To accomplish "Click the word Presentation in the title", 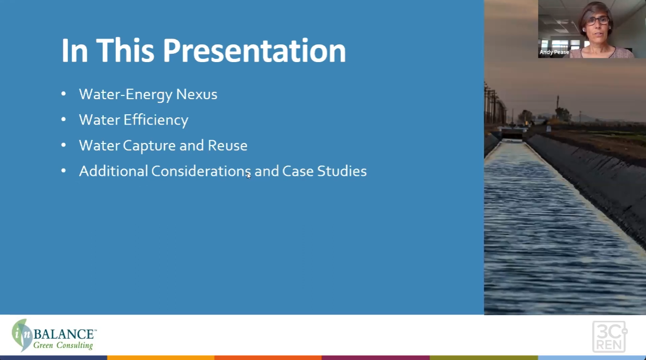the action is tap(254, 51).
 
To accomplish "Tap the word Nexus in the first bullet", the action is tap(197, 94).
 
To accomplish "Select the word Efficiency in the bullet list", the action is tap(156, 121).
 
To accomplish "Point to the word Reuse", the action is tap(227, 146).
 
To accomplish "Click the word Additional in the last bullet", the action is tap(113, 171).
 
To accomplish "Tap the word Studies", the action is tap(342, 171).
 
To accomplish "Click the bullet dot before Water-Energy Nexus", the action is tap(64, 94).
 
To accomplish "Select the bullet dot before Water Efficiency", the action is tap(64, 119).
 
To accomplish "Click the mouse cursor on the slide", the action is tap(249, 176).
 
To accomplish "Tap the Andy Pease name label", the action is tap(554, 52).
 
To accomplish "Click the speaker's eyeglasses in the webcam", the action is tap(599, 20).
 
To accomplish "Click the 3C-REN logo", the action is tap(610, 337).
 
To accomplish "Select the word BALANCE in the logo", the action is tap(65, 334).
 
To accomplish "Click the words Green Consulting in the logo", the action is tap(63, 345).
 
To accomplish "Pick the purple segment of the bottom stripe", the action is tap(376, 358).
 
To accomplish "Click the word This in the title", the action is tap(125, 51).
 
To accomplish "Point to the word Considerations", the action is tap(201, 171).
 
